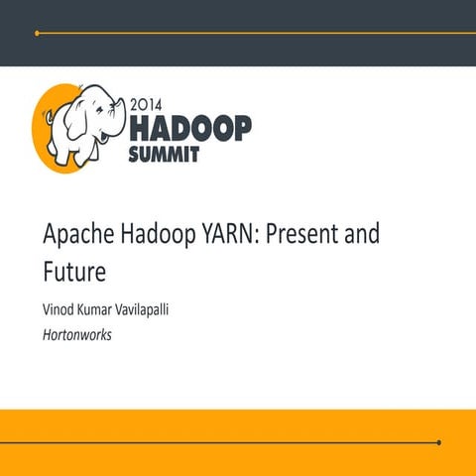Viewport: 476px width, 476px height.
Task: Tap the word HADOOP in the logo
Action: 190,126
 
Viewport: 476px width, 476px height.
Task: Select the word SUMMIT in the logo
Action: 165,153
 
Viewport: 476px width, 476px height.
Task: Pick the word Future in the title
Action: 73,268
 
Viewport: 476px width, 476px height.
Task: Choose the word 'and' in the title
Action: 363,236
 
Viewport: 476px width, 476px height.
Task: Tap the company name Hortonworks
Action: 77,335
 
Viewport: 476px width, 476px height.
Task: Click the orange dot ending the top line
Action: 37,33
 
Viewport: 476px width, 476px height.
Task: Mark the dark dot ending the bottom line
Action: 438,442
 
